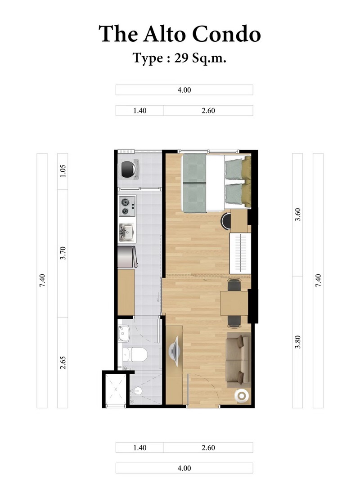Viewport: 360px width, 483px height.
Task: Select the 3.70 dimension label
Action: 63,253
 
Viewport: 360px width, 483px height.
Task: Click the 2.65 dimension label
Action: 63,362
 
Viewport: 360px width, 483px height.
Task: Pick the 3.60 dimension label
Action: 297,214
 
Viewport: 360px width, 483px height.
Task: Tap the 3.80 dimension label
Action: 297,342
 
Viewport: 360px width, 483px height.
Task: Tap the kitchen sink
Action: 126,232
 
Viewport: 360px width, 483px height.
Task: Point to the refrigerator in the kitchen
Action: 126,257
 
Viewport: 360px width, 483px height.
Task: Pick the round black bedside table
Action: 226,221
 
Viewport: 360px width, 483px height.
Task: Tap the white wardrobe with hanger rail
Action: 239,253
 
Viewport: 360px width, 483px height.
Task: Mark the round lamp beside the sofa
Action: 242,395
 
